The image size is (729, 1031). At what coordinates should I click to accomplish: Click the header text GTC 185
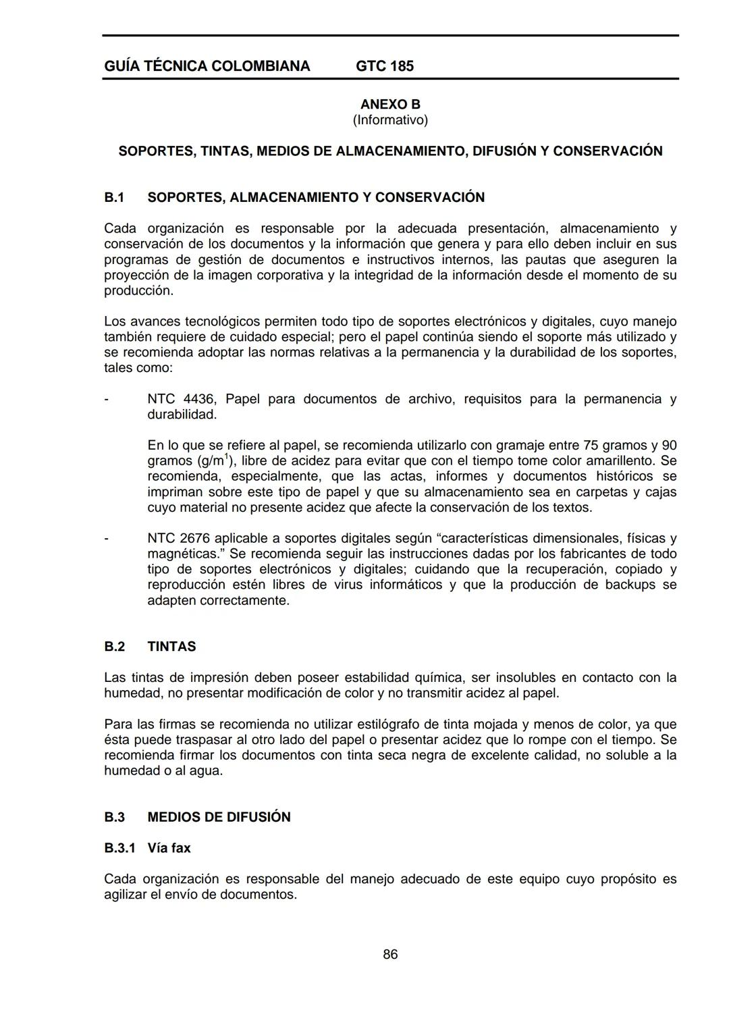[384, 66]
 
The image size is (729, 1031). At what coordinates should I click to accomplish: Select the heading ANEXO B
[390, 104]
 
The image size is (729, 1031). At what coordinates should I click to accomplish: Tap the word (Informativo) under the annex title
[390, 120]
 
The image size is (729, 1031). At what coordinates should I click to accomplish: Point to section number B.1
[115, 197]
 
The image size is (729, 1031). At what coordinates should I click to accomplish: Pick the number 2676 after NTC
[195, 538]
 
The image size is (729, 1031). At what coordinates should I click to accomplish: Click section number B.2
[115, 646]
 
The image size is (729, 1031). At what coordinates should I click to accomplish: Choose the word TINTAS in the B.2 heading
[171, 646]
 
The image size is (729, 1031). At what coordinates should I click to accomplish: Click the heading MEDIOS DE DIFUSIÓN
[219, 817]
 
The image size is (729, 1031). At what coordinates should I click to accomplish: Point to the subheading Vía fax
[169, 848]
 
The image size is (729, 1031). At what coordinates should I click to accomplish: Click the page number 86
[390, 954]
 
